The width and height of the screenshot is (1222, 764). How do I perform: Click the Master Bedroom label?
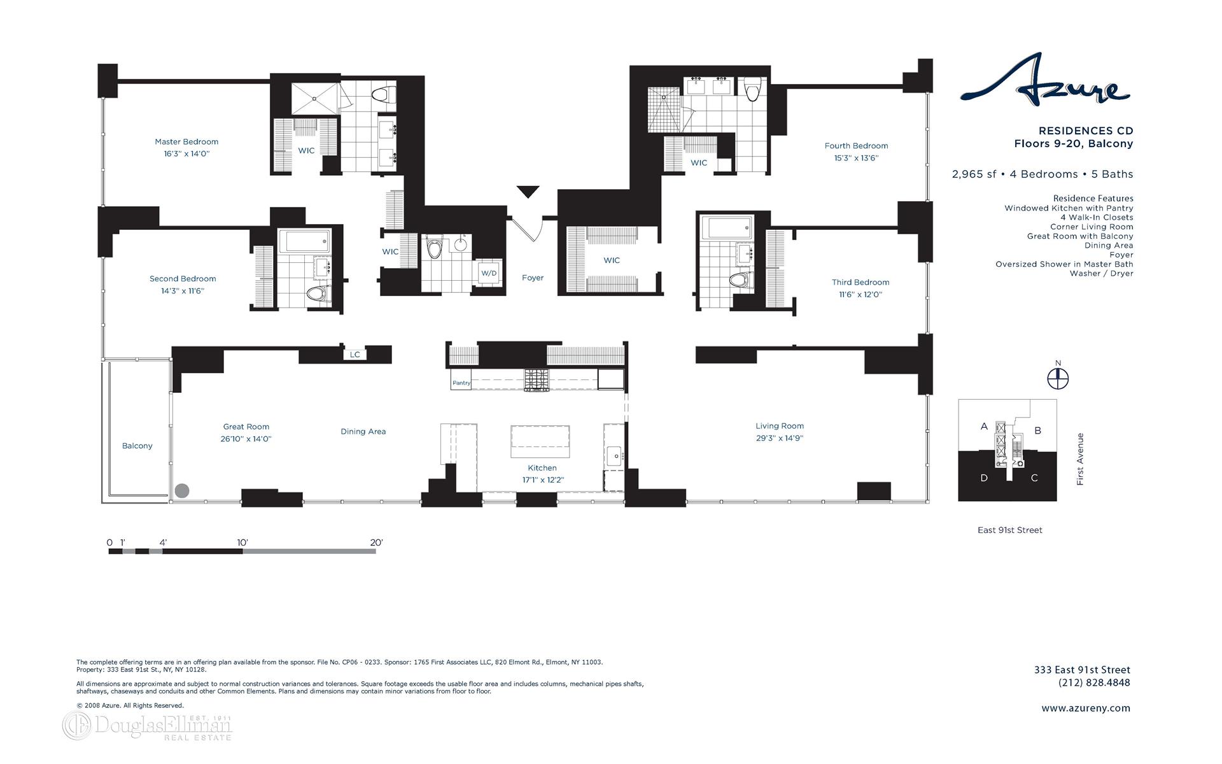pos(186,142)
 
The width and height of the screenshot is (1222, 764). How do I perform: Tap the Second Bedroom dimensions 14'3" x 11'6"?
pos(183,291)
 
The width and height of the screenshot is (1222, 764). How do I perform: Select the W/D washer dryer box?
pos(489,273)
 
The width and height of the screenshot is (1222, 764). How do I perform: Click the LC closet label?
pos(355,355)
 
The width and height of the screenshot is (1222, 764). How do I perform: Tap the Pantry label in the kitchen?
pos(461,383)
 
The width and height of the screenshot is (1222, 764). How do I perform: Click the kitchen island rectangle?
pos(540,441)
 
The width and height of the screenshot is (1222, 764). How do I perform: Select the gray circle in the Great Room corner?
pos(182,490)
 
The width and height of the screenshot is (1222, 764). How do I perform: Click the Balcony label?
pos(137,446)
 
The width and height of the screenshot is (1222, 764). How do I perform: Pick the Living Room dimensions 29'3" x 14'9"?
pos(780,438)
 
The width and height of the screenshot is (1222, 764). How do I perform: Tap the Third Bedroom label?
pos(860,282)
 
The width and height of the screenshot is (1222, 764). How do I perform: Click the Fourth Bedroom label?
pos(856,146)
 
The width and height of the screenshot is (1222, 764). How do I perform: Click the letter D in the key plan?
pos(984,478)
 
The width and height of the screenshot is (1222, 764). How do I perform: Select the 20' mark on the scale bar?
pos(376,543)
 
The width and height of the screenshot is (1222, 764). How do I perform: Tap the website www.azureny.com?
pos(1086,708)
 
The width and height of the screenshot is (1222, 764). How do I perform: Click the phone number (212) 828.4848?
pos(1094,683)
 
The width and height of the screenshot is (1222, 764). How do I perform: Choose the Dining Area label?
pos(363,432)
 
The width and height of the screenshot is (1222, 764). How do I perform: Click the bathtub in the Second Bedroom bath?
pos(305,241)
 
